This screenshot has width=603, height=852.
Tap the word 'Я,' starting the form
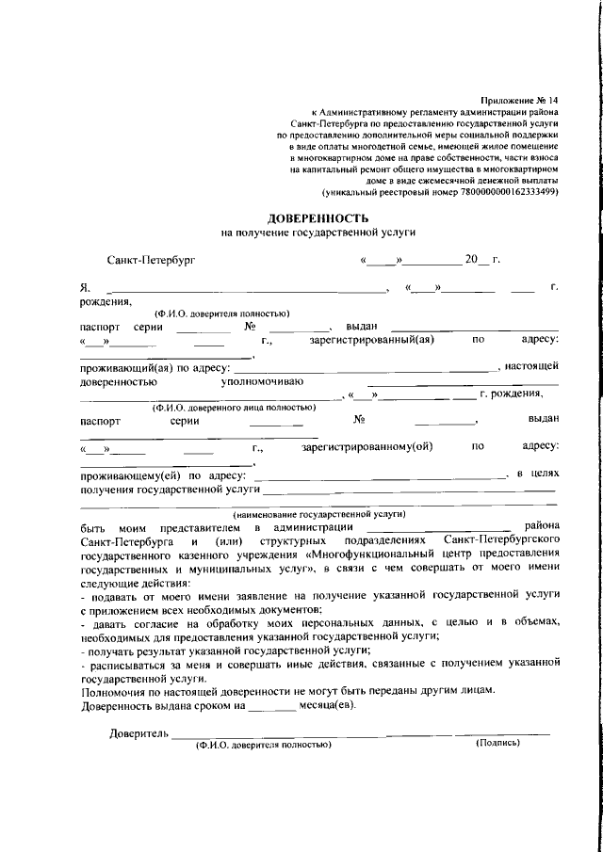(85, 287)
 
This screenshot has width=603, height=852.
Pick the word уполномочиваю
(262, 382)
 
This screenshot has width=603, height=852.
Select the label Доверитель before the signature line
(139, 732)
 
